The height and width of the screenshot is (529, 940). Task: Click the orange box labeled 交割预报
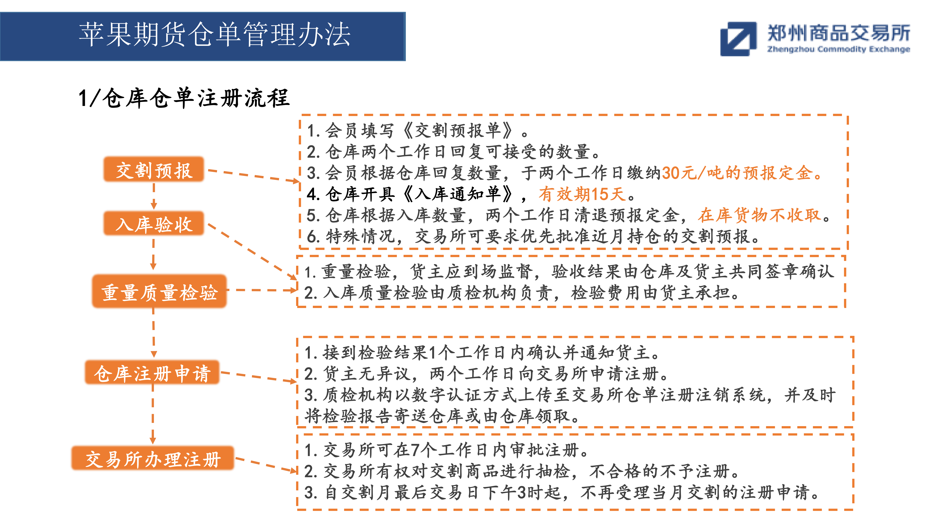[154, 169]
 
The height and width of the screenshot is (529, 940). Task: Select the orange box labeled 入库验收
[154, 223]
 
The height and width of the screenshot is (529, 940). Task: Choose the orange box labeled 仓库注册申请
[152, 372]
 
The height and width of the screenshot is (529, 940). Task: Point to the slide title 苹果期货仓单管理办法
[215, 35]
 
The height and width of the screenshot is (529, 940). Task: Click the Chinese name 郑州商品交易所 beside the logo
[839, 33]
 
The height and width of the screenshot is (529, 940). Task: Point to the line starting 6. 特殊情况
[533, 236]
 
